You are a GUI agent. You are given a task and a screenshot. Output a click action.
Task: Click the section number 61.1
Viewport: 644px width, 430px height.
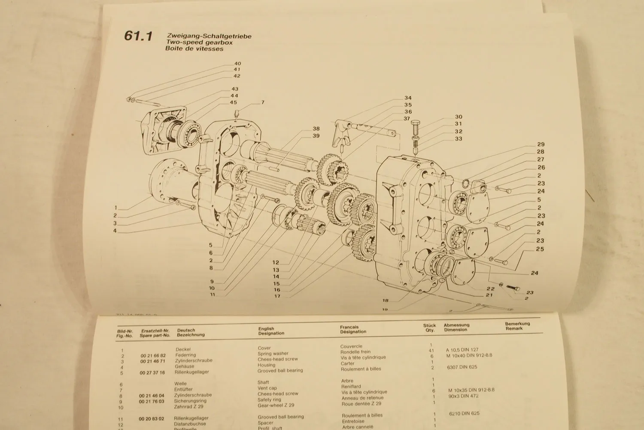(138, 36)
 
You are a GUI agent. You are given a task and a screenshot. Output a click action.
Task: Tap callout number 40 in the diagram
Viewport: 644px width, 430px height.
(237, 64)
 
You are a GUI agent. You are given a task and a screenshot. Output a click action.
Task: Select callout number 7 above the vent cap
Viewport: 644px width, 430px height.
(263, 103)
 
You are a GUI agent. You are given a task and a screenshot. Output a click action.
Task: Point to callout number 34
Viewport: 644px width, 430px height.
(407, 98)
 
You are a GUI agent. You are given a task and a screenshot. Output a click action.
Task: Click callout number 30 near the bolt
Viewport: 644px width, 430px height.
(459, 117)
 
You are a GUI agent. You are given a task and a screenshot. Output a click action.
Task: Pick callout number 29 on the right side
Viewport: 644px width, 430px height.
(541, 144)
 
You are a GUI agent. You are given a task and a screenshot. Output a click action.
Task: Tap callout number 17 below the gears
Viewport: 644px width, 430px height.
(277, 296)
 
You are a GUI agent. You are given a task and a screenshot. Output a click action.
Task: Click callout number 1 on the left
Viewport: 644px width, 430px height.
(115, 208)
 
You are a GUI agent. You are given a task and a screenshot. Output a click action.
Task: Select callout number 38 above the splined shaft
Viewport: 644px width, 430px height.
(316, 129)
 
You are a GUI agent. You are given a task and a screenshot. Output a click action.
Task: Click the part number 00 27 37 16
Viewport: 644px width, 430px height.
(152, 373)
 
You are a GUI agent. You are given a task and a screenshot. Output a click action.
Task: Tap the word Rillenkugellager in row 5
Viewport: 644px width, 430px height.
(191, 372)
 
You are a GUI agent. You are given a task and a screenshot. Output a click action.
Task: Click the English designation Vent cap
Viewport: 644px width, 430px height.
(267, 388)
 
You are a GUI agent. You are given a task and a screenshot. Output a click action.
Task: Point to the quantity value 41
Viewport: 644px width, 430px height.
(431, 351)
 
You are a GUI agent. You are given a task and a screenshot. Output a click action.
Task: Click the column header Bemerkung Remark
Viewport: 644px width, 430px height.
(517, 326)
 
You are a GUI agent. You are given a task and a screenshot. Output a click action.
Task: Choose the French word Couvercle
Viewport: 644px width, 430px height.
(351, 346)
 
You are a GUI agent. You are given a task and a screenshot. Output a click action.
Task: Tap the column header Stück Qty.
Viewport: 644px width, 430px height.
(429, 328)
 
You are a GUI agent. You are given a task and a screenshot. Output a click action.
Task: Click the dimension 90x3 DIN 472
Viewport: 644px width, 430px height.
(464, 396)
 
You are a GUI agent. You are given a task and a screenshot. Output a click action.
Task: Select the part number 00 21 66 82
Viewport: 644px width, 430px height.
(153, 356)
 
